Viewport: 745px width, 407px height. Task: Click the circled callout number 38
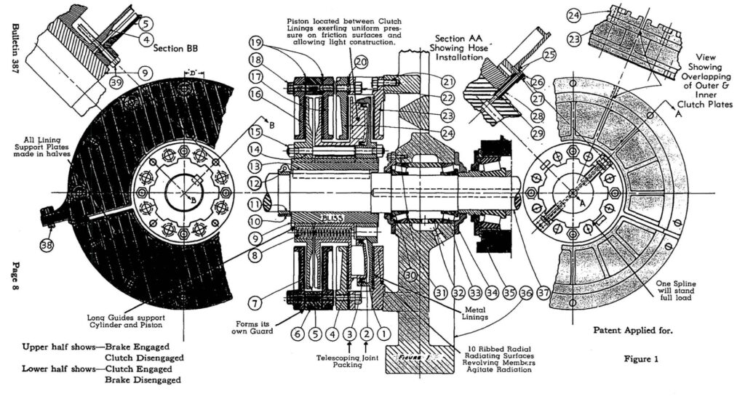point(47,245)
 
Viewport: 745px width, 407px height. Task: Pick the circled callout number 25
point(548,54)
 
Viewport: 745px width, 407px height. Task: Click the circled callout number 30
point(412,275)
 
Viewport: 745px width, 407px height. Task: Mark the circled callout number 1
point(384,334)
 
